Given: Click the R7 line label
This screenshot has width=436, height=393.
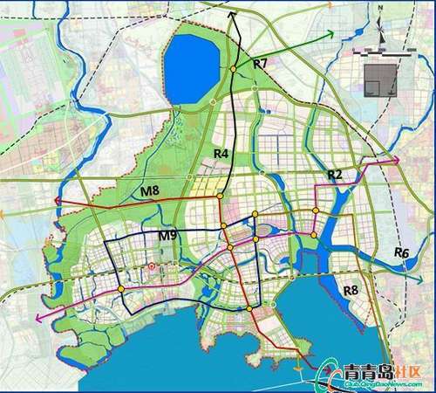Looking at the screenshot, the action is point(261,65).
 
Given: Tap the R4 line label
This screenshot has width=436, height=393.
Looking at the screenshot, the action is point(221,155).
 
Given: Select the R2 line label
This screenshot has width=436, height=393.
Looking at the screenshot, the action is point(335,176).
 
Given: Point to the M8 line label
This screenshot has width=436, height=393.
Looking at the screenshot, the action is point(150,190).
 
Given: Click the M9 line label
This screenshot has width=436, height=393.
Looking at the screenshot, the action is point(168,235).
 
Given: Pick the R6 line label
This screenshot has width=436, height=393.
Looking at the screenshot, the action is point(401,252).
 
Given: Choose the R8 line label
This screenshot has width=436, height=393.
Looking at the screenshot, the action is point(352,290).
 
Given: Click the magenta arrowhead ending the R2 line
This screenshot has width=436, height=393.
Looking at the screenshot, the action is point(398,161).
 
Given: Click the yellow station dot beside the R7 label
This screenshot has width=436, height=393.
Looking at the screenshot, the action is point(234,68).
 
